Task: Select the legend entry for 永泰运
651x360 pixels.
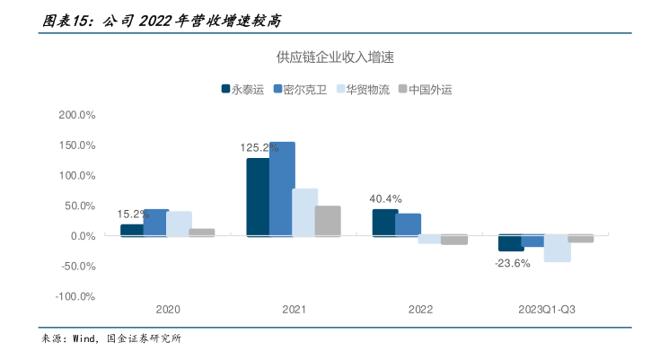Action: [x=248, y=89]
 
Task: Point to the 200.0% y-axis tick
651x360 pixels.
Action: [x=77, y=116]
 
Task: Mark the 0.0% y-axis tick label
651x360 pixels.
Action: [x=82, y=236]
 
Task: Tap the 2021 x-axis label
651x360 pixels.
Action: [x=294, y=310]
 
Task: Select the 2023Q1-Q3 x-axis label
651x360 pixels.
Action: [x=547, y=310]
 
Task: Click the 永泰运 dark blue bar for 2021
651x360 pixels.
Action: [x=258, y=197]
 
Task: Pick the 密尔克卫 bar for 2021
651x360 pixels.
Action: [x=282, y=189]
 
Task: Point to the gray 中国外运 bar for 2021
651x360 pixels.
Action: [x=328, y=221]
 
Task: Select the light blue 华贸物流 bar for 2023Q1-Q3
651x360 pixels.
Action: [x=558, y=249]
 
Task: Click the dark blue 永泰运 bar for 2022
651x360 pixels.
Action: [x=385, y=223]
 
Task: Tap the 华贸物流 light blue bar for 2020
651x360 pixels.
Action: [x=179, y=224]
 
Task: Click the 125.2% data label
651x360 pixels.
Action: [x=259, y=147]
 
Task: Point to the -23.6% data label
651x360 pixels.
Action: [x=512, y=264]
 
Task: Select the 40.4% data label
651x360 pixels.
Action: [x=385, y=199]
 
